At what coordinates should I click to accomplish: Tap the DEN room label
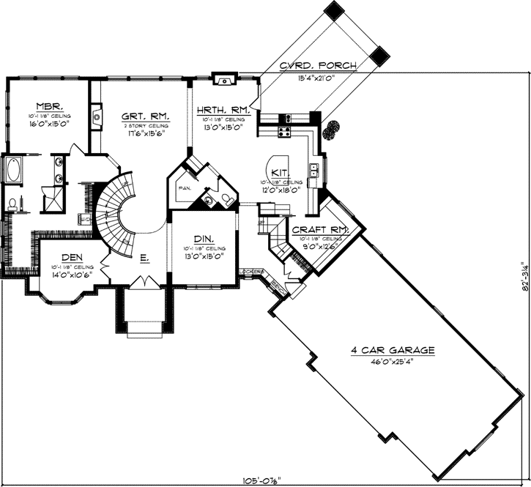[x=70, y=257]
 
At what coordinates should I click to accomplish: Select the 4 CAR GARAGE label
[x=393, y=350]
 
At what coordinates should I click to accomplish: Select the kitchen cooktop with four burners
[x=284, y=133]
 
